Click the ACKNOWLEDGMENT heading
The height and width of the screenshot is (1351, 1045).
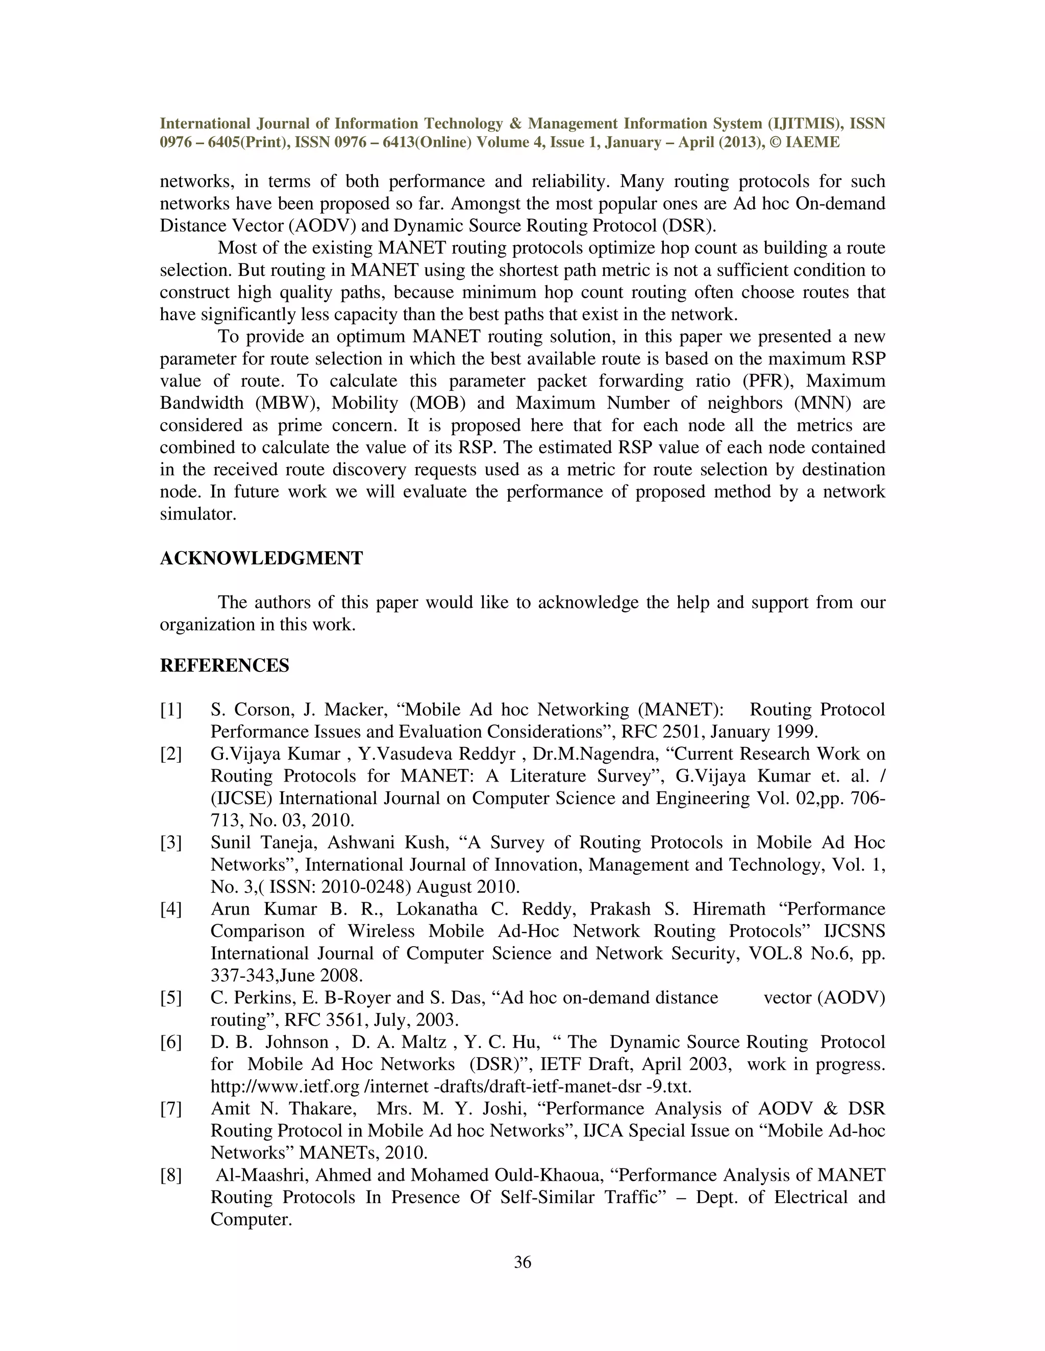click(x=261, y=559)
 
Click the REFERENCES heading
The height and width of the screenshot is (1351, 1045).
click(x=224, y=666)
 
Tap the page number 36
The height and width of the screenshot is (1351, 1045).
click(x=522, y=1262)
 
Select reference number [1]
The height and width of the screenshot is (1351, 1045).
click(x=171, y=710)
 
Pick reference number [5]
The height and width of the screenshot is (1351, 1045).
click(x=171, y=998)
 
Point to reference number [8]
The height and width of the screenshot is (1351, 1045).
click(x=171, y=1175)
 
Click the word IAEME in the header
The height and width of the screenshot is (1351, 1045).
click(x=812, y=143)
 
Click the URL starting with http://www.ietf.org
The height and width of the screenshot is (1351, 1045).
click(x=451, y=1087)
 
